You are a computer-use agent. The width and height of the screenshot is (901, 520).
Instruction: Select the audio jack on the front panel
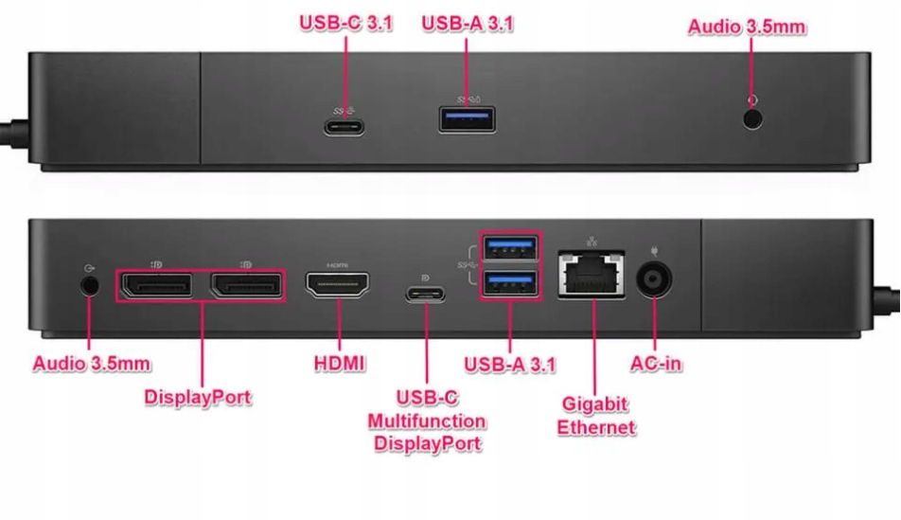[x=753, y=119]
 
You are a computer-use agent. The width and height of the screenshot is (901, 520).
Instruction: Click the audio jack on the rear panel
[x=90, y=284]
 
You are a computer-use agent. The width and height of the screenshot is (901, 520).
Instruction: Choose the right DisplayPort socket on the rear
[x=245, y=285]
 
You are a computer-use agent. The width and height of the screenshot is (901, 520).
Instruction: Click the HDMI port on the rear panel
[x=337, y=286]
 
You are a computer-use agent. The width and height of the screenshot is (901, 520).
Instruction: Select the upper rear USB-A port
[x=510, y=249]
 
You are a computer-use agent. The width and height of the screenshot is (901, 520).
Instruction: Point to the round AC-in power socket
[x=654, y=281]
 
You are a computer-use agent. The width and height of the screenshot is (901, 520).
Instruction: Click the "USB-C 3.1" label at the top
[x=345, y=23]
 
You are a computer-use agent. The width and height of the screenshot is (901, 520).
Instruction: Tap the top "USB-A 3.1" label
[x=468, y=23]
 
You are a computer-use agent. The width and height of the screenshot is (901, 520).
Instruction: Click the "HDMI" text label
[x=339, y=363]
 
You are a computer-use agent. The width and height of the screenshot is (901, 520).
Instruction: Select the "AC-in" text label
[x=656, y=363]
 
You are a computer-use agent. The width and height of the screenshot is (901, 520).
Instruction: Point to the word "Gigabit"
[x=595, y=404]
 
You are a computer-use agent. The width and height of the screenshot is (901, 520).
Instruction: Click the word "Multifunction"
[x=427, y=421]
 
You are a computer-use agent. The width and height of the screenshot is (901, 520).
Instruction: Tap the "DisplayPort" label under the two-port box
[x=198, y=397]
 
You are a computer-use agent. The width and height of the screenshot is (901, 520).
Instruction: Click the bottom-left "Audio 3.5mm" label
[x=92, y=363]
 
